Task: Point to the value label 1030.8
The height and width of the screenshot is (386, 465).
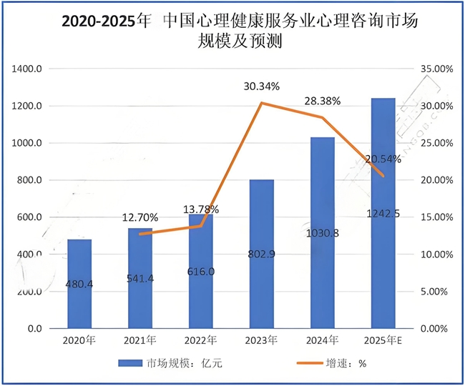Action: coord(323,233)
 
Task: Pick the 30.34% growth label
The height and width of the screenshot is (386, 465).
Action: coord(262,86)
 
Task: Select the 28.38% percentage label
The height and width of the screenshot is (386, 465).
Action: coord(323,101)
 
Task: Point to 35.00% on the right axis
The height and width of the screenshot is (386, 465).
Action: coord(434,69)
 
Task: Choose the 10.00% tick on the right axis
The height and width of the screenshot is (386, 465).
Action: coord(434,254)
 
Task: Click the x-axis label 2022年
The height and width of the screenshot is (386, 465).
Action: coord(201,342)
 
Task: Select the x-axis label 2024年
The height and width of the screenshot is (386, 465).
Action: coord(323,342)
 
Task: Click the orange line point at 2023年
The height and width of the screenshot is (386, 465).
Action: coord(262,103)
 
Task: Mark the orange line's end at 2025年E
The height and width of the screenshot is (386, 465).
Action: coord(383,176)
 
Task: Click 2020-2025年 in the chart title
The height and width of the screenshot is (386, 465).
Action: coord(107,22)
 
